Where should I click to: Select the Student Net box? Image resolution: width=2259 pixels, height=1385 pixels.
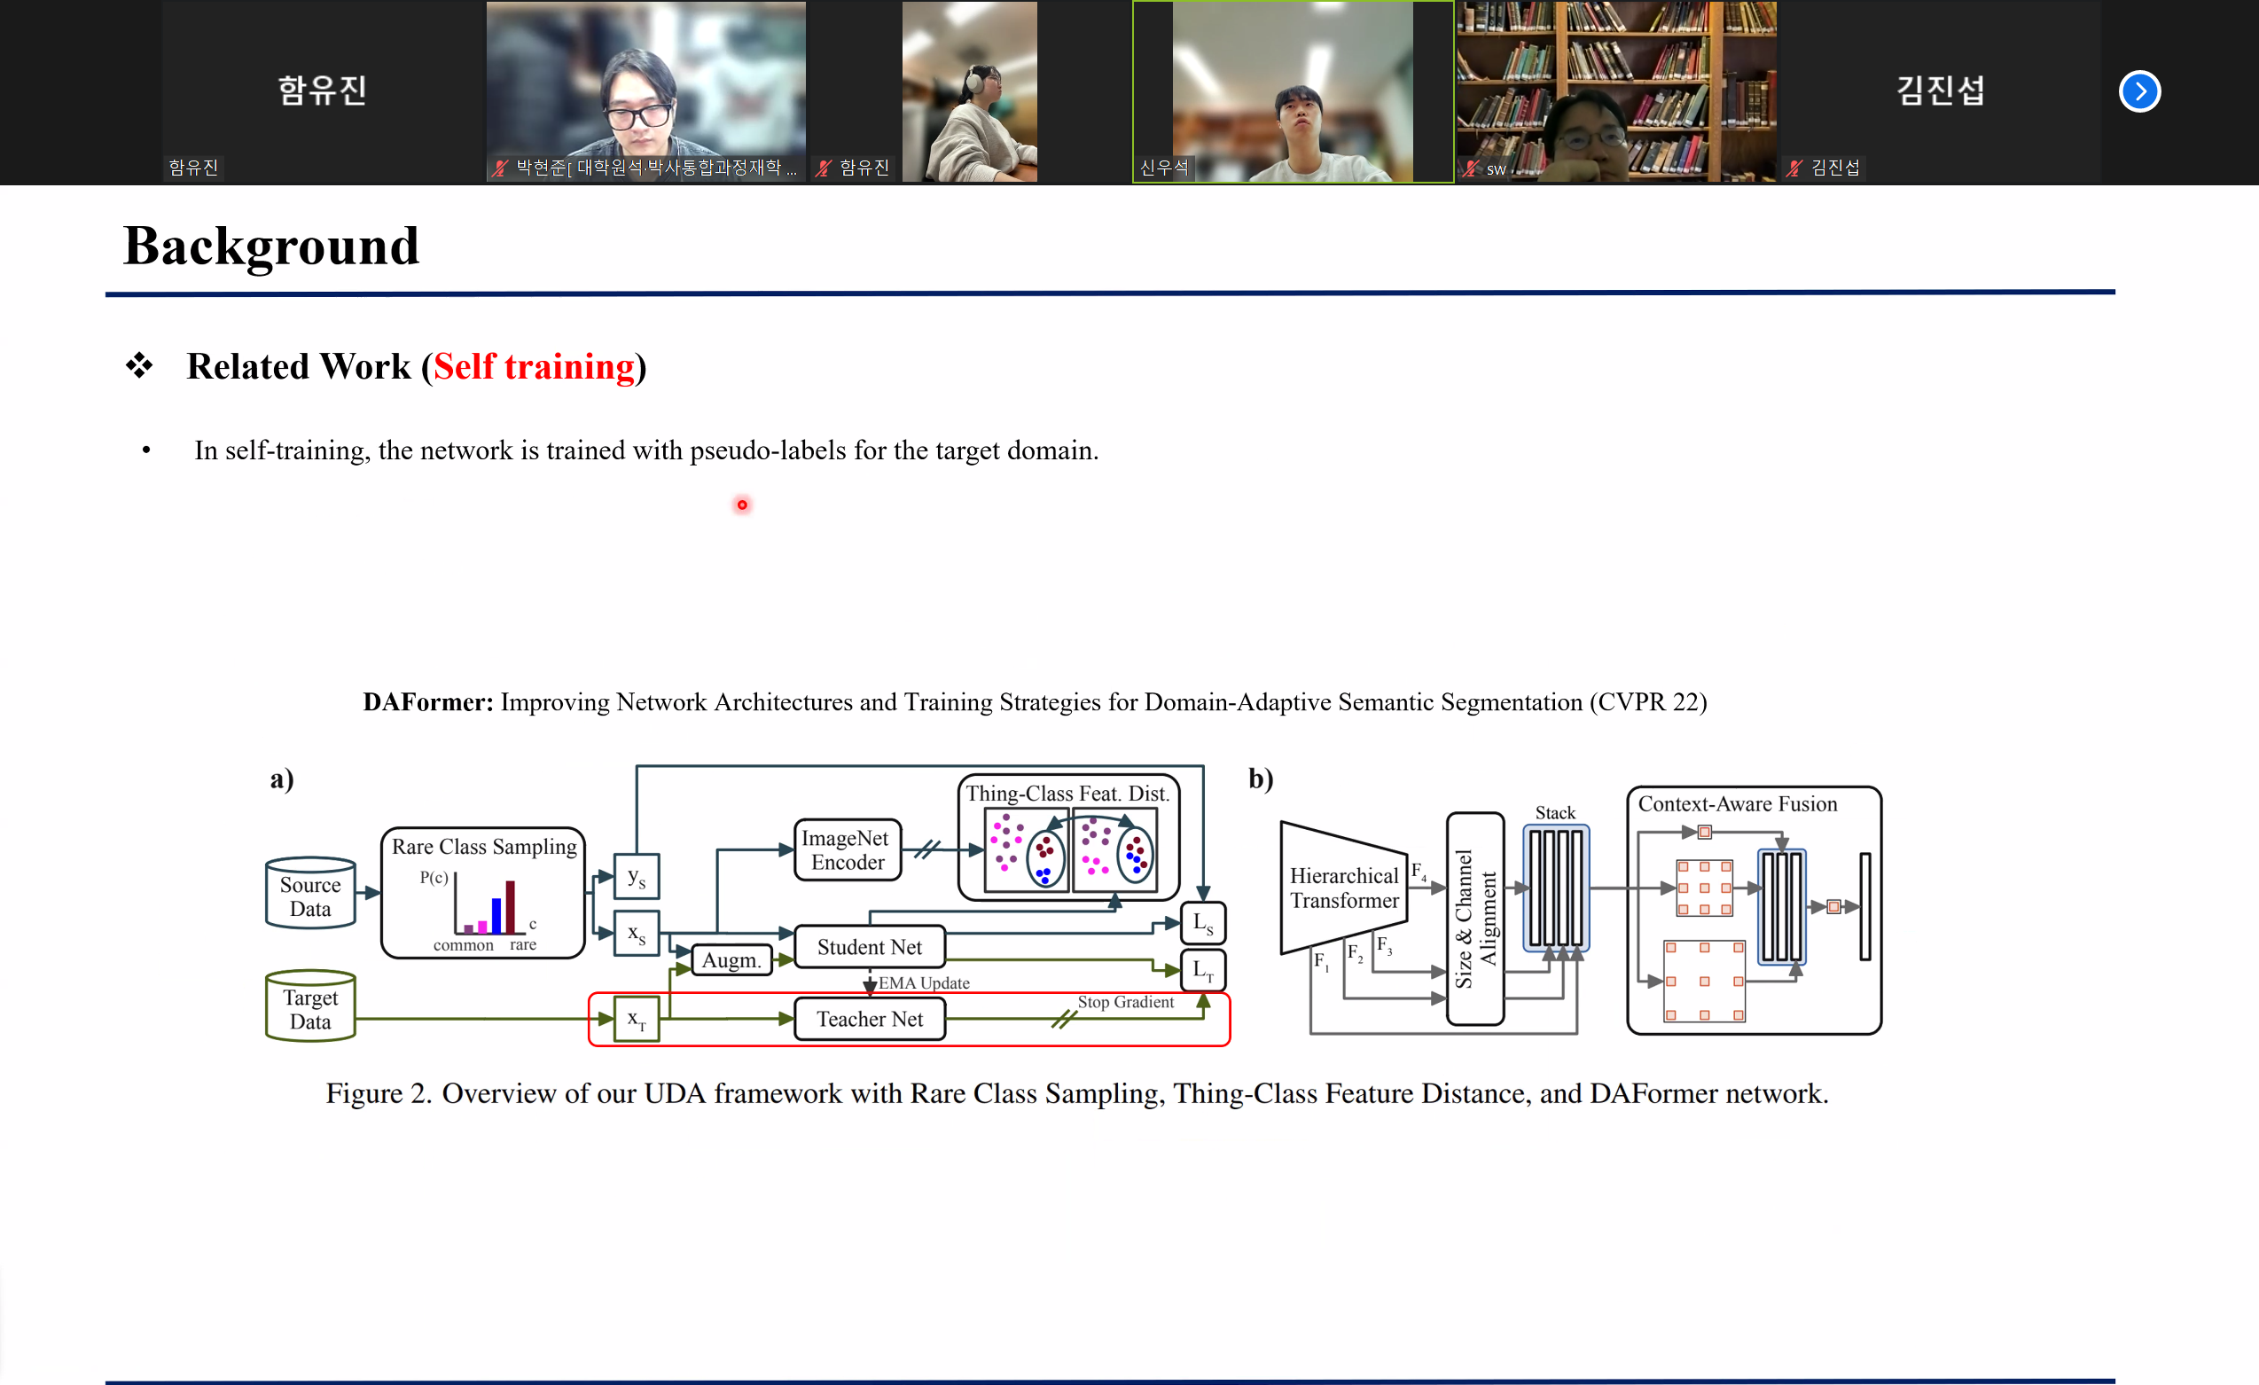pyautogui.click(x=869, y=947)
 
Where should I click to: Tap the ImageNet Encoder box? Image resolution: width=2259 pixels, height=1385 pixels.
pyautogui.click(x=846, y=849)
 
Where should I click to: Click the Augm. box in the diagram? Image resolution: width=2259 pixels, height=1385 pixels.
pyautogui.click(x=731, y=959)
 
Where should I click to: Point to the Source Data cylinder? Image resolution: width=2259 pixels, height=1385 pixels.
pyautogui.click(x=310, y=896)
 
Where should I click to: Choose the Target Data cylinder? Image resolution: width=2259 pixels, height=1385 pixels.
pyautogui.click(x=310, y=1008)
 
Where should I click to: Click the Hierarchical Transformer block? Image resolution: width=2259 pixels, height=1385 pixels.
pyautogui.click(x=1343, y=888)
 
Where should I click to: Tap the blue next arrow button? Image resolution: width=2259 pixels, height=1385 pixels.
pyautogui.click(x=2139, y=91)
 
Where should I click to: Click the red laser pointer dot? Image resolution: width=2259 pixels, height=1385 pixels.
pyautogui.click(x=742, y=505)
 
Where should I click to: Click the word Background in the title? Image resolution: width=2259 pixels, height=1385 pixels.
pyautogui.click(x=271, y=246)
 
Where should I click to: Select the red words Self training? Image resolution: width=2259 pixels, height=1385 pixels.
pyautogui.click(x=534, y=367)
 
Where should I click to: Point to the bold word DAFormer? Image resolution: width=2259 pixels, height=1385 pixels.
pyautogui.click(x=427, y=702)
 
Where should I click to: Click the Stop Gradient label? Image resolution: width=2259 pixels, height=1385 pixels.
pyautogui.click(x=1125, y=1002)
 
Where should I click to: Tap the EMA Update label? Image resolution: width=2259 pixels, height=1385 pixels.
pyautogui.click(x=923, y=982)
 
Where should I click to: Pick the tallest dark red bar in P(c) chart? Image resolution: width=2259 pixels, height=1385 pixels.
pyautogui.click(x=510, y=905)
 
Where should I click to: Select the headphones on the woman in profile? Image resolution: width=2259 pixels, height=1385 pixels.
pyautogui.click(x=972, y=82)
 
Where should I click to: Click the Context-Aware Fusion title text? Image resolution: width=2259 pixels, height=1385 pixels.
pyautogui.click(x=1738, y=804)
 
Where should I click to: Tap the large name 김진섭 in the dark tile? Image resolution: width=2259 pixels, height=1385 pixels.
pyautogui.click(x=1940, y=90)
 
